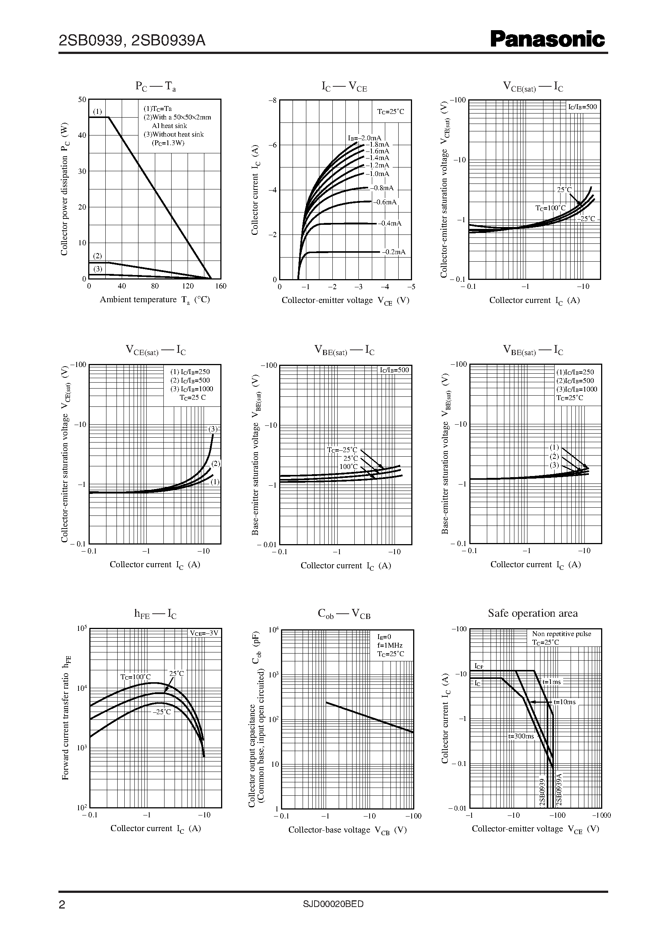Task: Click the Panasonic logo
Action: click(x=547, y=40)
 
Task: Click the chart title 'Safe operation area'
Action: click(x=533, y=613)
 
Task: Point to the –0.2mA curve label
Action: click(x=394, y=252)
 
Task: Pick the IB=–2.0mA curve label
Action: click(x=365, y=138)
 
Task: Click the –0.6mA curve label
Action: click(x=385, y=202)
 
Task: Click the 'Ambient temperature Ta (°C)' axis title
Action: click(x=155, y=300)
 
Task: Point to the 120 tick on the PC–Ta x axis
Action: click(x=188, y=286)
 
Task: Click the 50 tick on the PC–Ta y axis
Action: click(x=82, y=100)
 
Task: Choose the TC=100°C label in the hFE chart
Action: click(x=135, y=677)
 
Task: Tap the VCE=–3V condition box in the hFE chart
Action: click(x=204, y=633)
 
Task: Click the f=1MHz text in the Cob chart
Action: click(x=390, y=645)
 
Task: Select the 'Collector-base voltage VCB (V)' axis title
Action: click(x=348, y=830)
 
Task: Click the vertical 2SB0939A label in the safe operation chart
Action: click(x=559, y=790)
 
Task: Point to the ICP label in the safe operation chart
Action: click(x=479, y=666)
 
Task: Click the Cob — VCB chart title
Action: click(x=344, y=614)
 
